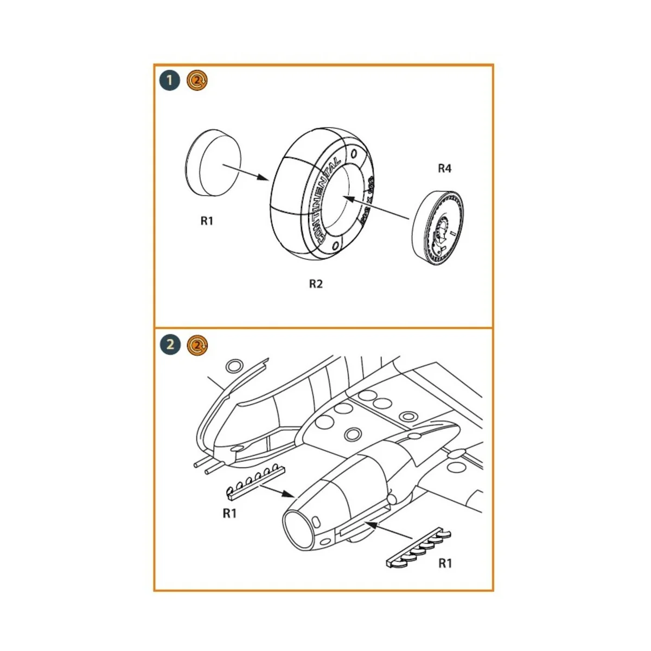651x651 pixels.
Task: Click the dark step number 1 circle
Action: coord(170,81)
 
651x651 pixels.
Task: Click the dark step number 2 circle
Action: coord(170,344)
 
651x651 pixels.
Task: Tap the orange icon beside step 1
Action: coord(197,81)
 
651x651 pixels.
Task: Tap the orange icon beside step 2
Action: coord(197,344)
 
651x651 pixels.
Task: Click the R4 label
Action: coord(444,169)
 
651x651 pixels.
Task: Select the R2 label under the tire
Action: coord(316,284)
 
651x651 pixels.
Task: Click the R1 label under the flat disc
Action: coord(207,221)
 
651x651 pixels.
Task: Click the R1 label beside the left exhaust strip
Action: coord(229,513)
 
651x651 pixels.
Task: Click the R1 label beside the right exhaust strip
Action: coord(445,563)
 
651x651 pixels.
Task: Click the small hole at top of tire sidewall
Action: coord(355,154)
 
